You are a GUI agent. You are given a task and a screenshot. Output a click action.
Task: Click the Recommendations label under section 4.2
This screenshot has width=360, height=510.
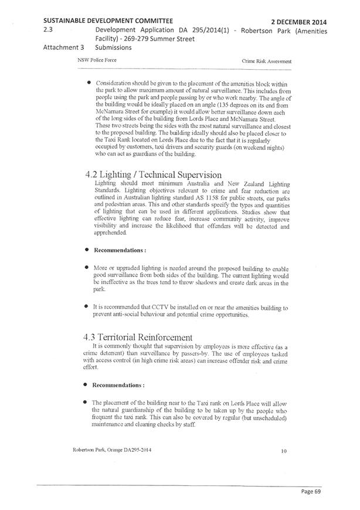(117, 249)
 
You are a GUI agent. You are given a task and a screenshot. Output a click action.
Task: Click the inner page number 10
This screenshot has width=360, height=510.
(284, 451)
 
